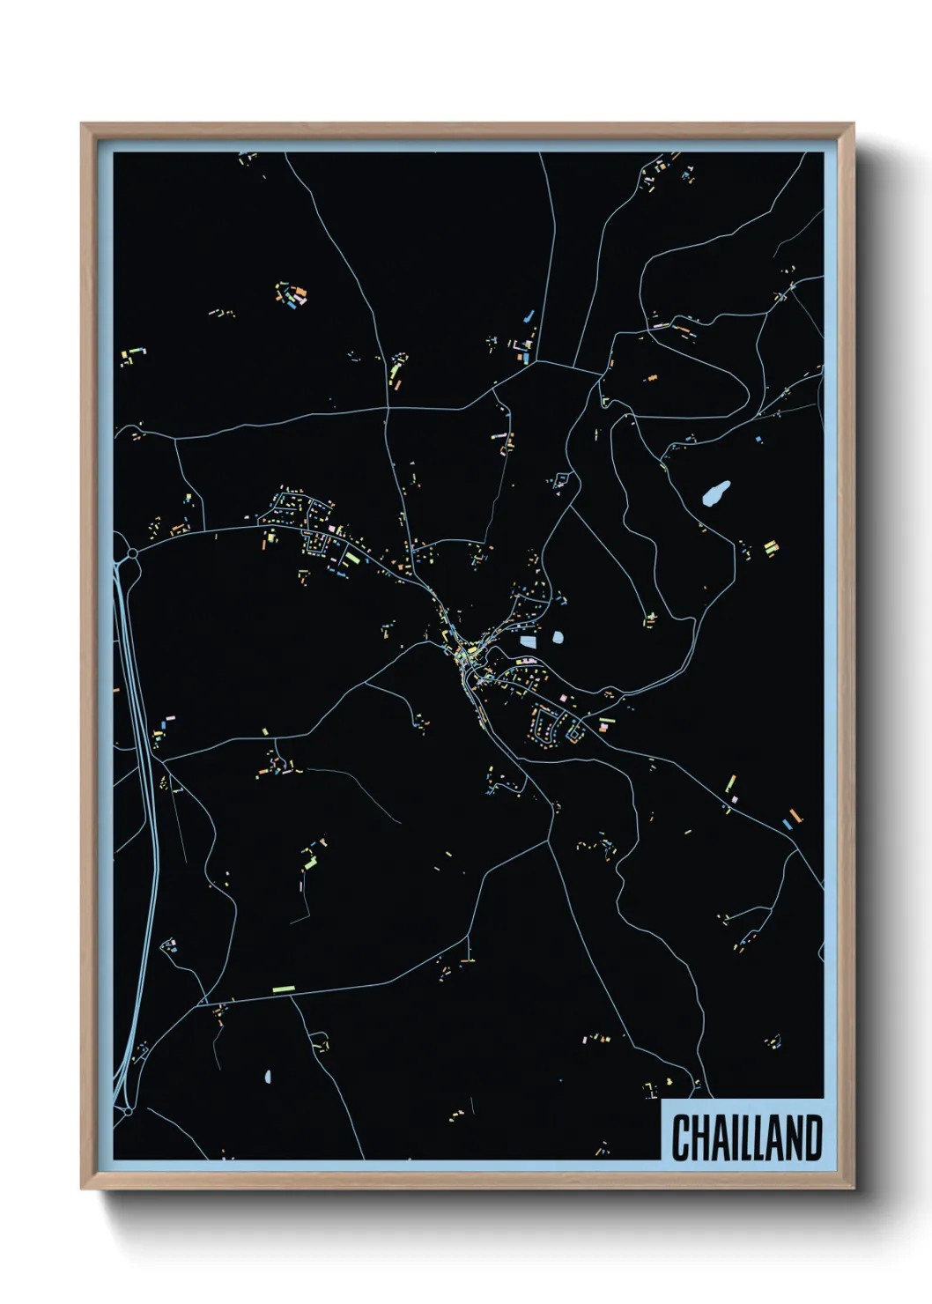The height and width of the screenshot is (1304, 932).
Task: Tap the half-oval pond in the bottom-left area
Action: pyautogui.click(x=268, y=1076)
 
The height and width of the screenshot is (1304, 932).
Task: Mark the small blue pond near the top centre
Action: pyautogui.click(x=529, y=315)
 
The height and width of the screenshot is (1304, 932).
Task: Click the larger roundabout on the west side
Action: pyautogui.click(x=132, y=553)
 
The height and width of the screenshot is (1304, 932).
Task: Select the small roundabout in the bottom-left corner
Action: pyautogui.click(x=129, y=1112)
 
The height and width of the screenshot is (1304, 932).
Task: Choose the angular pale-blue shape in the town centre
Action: pyautogui.click(x=528, y=641)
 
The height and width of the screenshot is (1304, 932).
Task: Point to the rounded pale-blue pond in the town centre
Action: pyautogui.click(x=557, y=635)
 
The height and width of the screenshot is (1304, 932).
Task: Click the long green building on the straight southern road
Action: pyautogui.click(x=283, y=989)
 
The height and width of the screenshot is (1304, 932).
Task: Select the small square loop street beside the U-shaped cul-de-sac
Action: pyautogui.click(x=574, y=730)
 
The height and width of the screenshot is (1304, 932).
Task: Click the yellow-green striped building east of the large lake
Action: pyautogui.click(x=771, y=547)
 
